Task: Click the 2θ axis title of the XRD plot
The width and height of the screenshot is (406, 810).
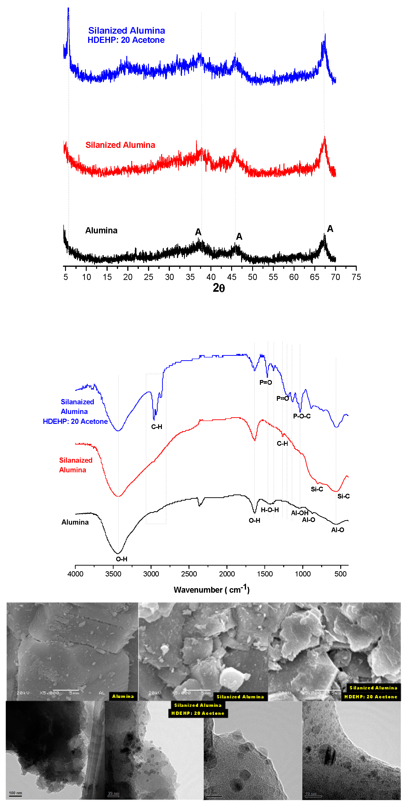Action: [x=219, y=288]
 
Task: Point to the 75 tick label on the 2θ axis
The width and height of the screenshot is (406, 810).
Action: [x=356, y=277]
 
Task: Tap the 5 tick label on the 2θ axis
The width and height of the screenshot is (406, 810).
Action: [x=66, y=277]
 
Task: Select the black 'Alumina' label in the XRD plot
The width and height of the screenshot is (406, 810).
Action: [x=101, y=231]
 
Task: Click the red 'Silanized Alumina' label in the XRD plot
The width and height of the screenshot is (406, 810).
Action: [x=120, y=145]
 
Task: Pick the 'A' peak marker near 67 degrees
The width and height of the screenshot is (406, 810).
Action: [x=330, y=229]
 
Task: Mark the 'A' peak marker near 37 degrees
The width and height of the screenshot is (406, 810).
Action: [x=198, y=232]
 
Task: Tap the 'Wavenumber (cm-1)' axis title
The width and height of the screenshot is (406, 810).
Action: [x=212, y=589]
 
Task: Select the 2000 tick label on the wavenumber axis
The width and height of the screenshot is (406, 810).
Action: [x=227, y=574]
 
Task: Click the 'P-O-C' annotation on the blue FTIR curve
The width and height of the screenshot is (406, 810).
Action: [x=302, y=416]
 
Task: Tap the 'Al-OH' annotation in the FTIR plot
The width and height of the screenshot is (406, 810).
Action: [x=299, y=513]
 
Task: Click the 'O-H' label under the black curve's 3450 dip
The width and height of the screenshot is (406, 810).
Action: [x=122, y=559]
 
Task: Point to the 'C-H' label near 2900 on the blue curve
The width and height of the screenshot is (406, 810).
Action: [x=156, y=427]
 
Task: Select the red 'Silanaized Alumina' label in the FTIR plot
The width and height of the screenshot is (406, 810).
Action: [x=76, y=465]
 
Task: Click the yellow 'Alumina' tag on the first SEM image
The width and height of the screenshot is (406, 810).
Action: [x=123, y=696]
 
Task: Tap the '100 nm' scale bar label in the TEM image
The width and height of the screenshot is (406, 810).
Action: [x=15, y=793]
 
